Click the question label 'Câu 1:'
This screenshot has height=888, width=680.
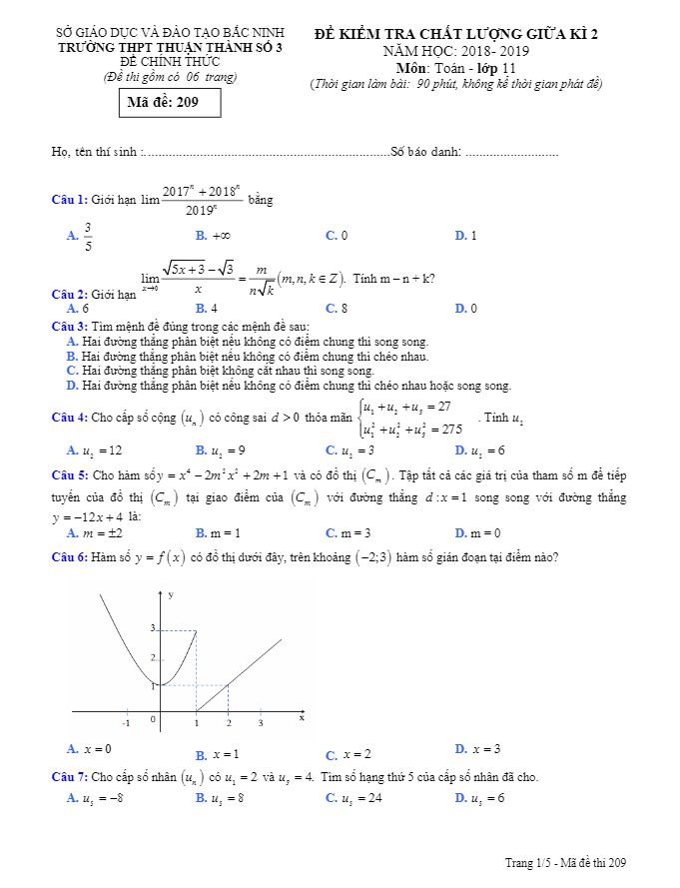click(x=70, y=200)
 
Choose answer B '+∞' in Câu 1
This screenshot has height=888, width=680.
click(x=214, y=236)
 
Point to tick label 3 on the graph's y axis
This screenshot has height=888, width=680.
click(x=153, y=628)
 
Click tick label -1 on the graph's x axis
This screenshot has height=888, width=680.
click(x=127, y=721)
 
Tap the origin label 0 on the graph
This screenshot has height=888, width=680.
click(x=153, y=718)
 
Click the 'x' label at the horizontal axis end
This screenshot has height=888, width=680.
click(x=301, y=717)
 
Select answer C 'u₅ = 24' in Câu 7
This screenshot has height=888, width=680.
click(x=354, y=797)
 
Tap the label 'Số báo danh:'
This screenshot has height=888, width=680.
click(x=426, y=151)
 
